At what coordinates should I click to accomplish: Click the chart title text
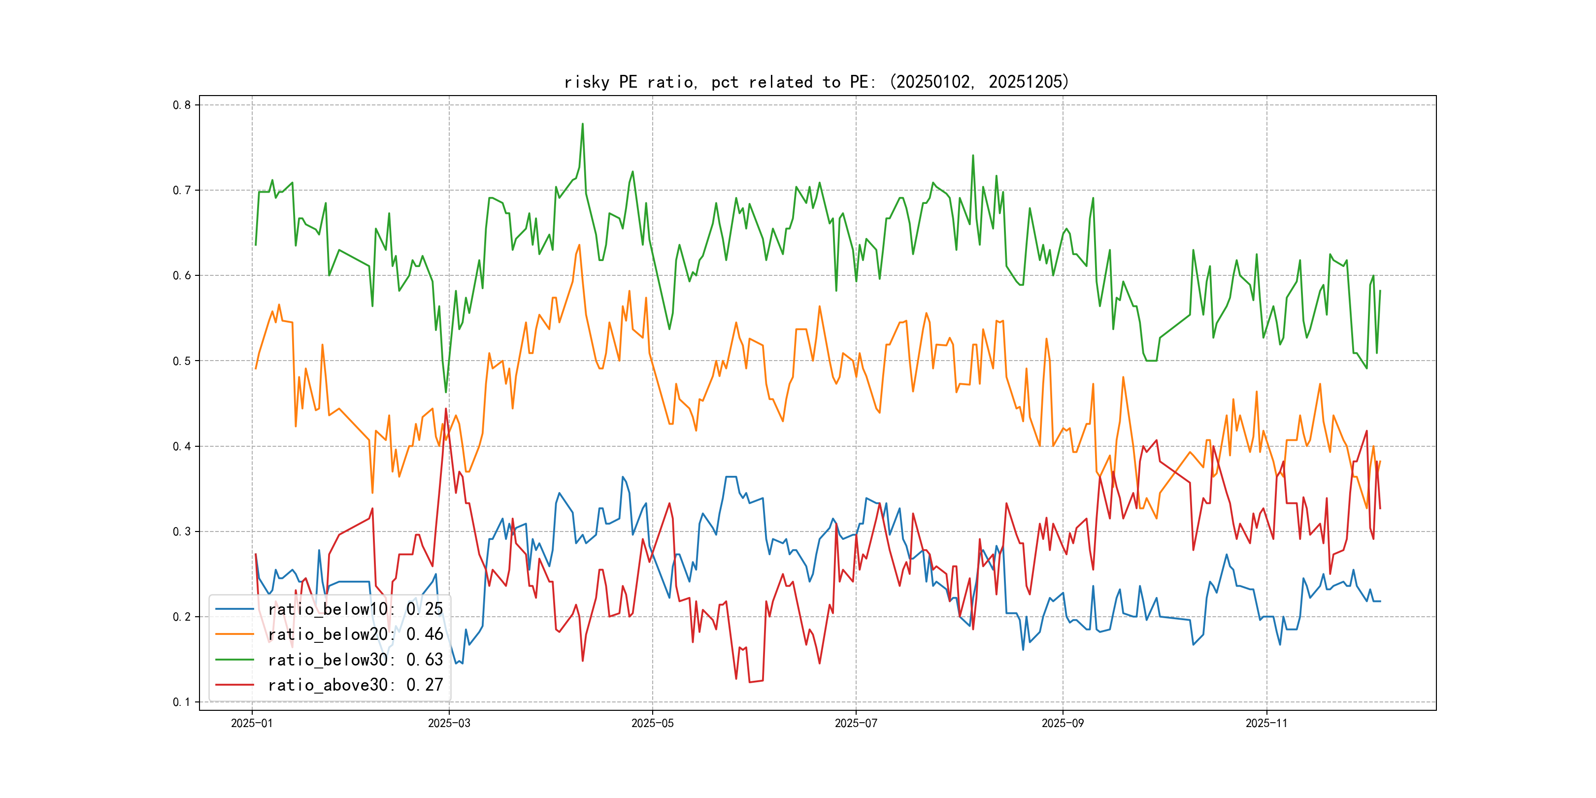click(817, 82)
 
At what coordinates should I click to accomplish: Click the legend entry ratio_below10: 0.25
click(355, 609)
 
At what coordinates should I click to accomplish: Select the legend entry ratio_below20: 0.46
click(355, 634)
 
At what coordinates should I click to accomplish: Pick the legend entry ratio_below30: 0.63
click(355, 660)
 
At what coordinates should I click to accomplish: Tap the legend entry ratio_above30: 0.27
click(355, 685)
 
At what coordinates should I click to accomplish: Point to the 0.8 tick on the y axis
click(182, 105)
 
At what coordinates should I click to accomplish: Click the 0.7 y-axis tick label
click(182, 190)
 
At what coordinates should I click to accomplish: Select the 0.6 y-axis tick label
click(182, 276)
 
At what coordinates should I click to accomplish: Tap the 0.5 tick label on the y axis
click(182, 361)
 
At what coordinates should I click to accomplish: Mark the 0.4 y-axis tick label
click(182, 446)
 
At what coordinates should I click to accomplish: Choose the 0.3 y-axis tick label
click(182, 532)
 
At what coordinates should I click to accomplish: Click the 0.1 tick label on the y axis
click(182, 702)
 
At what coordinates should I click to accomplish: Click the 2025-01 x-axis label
click(252, 723)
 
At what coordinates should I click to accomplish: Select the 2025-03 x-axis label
click(449, 723)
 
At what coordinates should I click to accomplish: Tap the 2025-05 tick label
click(652, 723)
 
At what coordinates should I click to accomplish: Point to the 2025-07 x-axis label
click(856, 723)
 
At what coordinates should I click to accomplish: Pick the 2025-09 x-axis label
click(1063, 723)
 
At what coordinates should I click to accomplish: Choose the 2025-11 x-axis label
click(1266, 723)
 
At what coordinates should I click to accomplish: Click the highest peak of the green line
click(582, 124)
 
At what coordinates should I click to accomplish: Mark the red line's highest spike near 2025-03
click(445, 409)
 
